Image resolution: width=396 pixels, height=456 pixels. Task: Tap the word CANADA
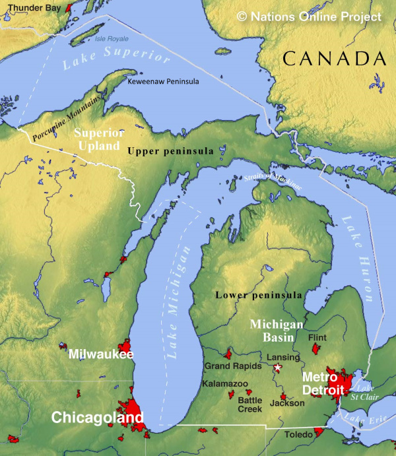334,59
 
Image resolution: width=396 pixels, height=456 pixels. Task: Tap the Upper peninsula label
170,151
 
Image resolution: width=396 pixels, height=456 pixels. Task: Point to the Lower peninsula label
259,295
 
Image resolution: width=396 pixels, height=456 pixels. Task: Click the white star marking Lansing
279,366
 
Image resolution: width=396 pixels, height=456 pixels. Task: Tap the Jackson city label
287,402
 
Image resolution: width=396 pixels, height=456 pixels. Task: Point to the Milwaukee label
101,354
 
